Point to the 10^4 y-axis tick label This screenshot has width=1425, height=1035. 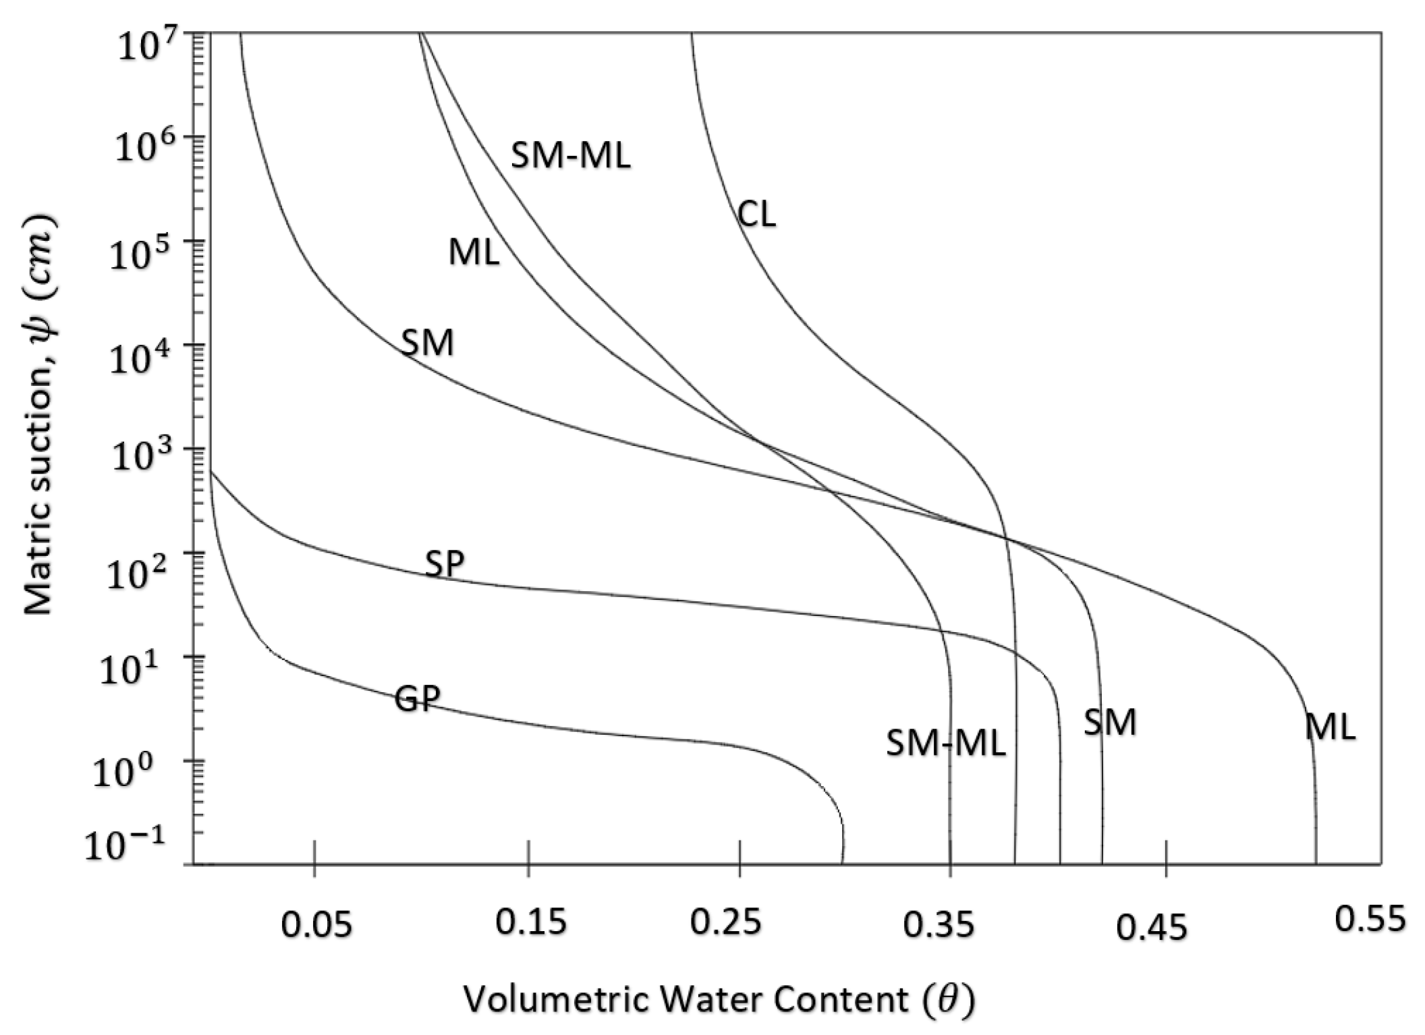(x=143, y=358)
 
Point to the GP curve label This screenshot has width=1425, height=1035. (x=417, y=700)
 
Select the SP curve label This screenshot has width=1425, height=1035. (x=445, y=563)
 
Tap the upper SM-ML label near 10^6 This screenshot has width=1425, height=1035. (x=570, y=157)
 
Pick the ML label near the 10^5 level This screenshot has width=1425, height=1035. (x=474, y=254)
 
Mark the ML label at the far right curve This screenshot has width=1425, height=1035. (x=1330, y=728)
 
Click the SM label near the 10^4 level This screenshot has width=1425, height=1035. (x=428, y=343)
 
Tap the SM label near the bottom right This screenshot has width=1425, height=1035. (x=1110, y=723)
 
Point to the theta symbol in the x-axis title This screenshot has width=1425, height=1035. (x=947, y=999)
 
